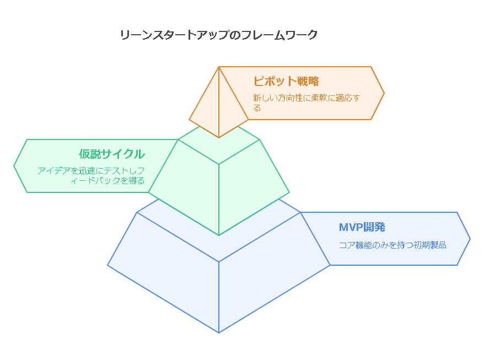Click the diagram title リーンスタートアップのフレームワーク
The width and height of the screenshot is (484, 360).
[x=219, y=35]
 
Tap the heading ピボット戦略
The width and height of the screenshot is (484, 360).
[x=286, y=81]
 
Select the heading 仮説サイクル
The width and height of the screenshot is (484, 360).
[x=111, y=154]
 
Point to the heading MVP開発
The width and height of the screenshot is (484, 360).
[x=362, y=227]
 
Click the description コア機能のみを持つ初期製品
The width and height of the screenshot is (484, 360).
[x=392, y=245]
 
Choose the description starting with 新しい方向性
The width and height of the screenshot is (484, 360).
[x=306, y=103]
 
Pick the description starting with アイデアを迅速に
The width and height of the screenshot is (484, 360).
[x=91, y=175]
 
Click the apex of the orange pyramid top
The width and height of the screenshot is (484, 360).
[x=219, y=67]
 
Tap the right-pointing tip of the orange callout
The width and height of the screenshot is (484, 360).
[x=384, y=93]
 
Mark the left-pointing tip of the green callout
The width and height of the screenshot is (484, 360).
[x=14, y=165]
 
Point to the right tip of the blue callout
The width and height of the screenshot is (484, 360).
[x=470, y=239]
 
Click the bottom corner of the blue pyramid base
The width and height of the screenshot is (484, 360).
[x=219, y=332]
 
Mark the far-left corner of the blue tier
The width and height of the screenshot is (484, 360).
[x=108, y=265]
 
